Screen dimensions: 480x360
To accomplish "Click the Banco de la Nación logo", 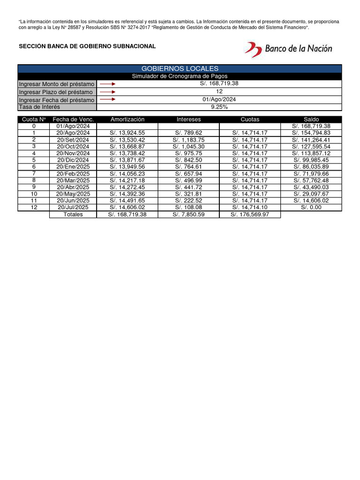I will pos(288,49).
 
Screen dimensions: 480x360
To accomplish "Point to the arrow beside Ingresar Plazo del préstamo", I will pos(107,92).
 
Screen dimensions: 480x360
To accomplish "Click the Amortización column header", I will pos(127,120).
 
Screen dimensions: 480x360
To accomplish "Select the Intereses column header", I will pos(188,120).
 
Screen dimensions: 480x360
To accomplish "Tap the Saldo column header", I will pos(311,120).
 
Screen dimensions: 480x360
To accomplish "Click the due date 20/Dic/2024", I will pos(73,160).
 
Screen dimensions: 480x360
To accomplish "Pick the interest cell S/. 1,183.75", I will pos(188,140).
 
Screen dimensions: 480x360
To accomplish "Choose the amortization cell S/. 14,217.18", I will pos(127,180).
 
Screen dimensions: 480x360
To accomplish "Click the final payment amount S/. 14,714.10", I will pos(250,207).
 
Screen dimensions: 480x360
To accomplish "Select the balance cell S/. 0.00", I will pos(311,207).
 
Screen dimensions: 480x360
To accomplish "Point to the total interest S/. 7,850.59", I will pos(188,214).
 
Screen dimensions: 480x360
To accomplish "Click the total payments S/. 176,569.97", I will pos(250,214).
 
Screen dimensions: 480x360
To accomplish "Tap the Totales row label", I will pos(73,214).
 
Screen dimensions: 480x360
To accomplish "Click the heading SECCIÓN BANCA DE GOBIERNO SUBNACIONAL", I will pos(87,46).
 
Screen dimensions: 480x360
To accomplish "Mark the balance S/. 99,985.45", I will pos(311,160).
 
